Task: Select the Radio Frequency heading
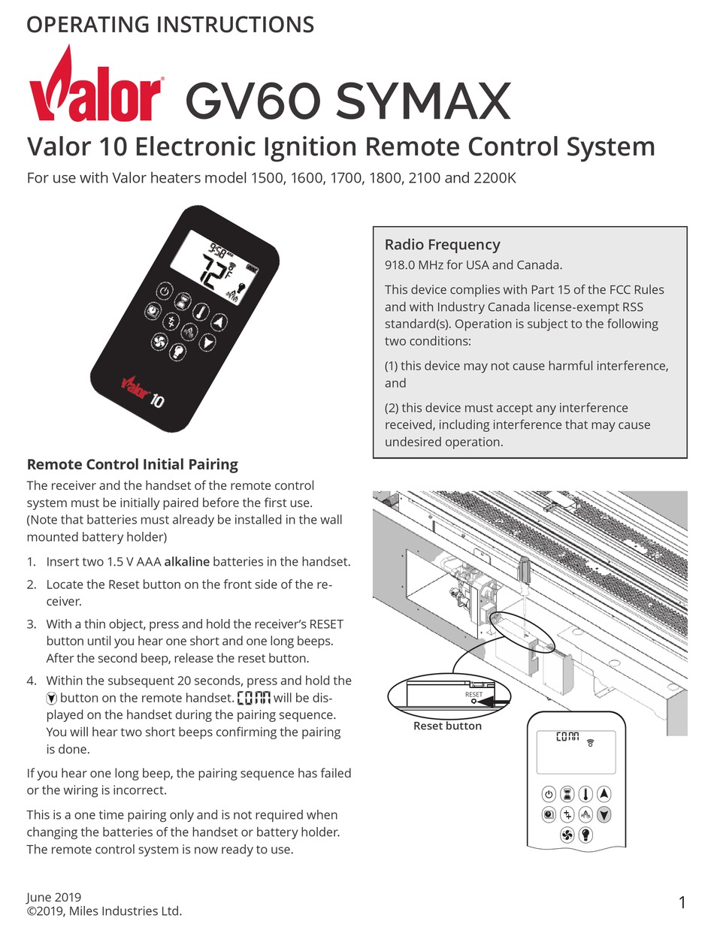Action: [442, 244]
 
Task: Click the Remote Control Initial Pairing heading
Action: [132, 464]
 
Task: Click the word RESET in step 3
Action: [326, 624]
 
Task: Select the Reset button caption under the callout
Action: [447, 726]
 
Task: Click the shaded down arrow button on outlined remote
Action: [604, 814]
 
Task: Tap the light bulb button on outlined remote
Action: [585, 835]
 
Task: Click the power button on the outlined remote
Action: [549, 794]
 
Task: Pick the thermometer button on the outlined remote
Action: [585, 794]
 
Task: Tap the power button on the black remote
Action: [164, 291]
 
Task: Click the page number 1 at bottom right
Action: [681, 903]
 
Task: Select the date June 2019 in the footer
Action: [53, 897]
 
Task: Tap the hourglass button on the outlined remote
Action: [567, 794]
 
